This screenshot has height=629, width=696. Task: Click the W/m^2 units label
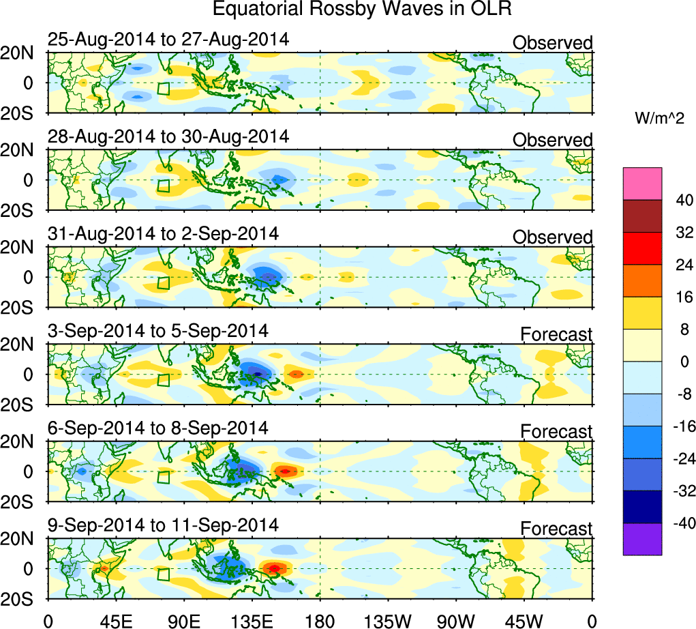click(659, 119)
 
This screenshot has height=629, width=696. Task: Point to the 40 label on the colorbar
click(682, 200)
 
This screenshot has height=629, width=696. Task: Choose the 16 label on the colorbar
click(682, 297)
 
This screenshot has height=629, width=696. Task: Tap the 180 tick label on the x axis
click(320, 620)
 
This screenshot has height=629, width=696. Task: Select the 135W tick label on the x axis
click(388, 620)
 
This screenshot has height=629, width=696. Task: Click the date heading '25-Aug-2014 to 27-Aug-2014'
click(168, 39)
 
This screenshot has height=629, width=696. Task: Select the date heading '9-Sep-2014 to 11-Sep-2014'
click(163, 525)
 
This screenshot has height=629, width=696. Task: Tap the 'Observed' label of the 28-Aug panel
click(552, 140)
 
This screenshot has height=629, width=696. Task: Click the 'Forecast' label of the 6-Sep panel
click(556, 432)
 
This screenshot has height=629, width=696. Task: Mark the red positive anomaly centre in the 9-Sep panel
click(273, 568)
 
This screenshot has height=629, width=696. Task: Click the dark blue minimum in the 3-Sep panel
click(258, 374)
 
